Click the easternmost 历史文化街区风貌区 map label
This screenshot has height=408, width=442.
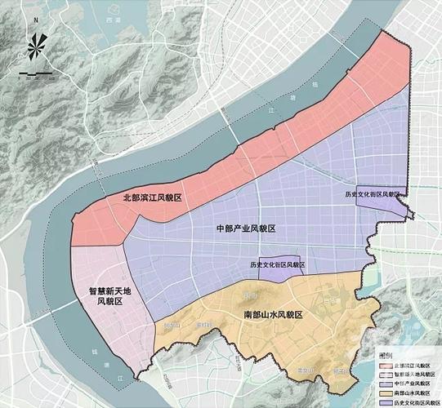tap(374, 195)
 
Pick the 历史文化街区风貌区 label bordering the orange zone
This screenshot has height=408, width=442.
tap(276, 265)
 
